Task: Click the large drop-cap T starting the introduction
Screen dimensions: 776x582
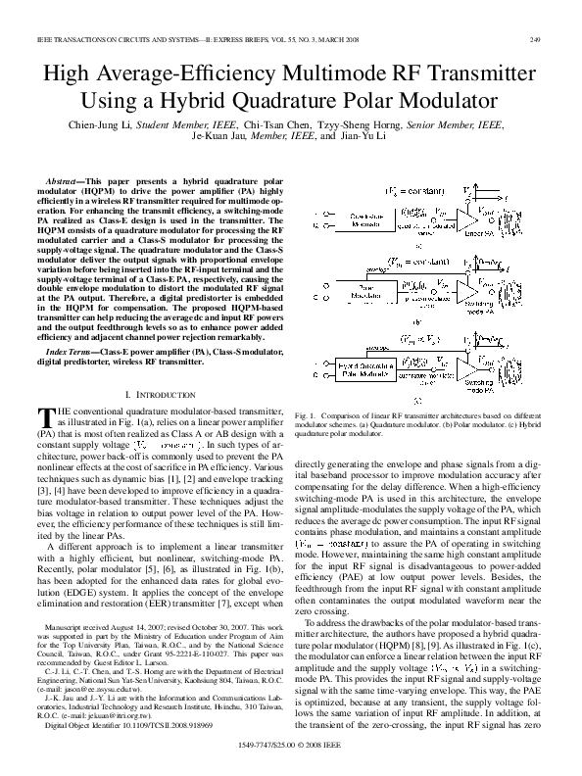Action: (45, 415)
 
